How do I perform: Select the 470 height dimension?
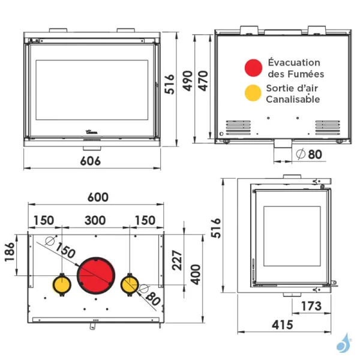pos(205,85)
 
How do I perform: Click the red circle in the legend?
pos(253,68)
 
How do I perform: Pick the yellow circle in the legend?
pos(253,94)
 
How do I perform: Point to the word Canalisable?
pos(293,100)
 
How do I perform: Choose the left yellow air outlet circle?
pos(62,284)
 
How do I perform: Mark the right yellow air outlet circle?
pos(130,284)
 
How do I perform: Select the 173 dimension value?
pos(311,307)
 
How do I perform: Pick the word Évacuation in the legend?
pos(294,62)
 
